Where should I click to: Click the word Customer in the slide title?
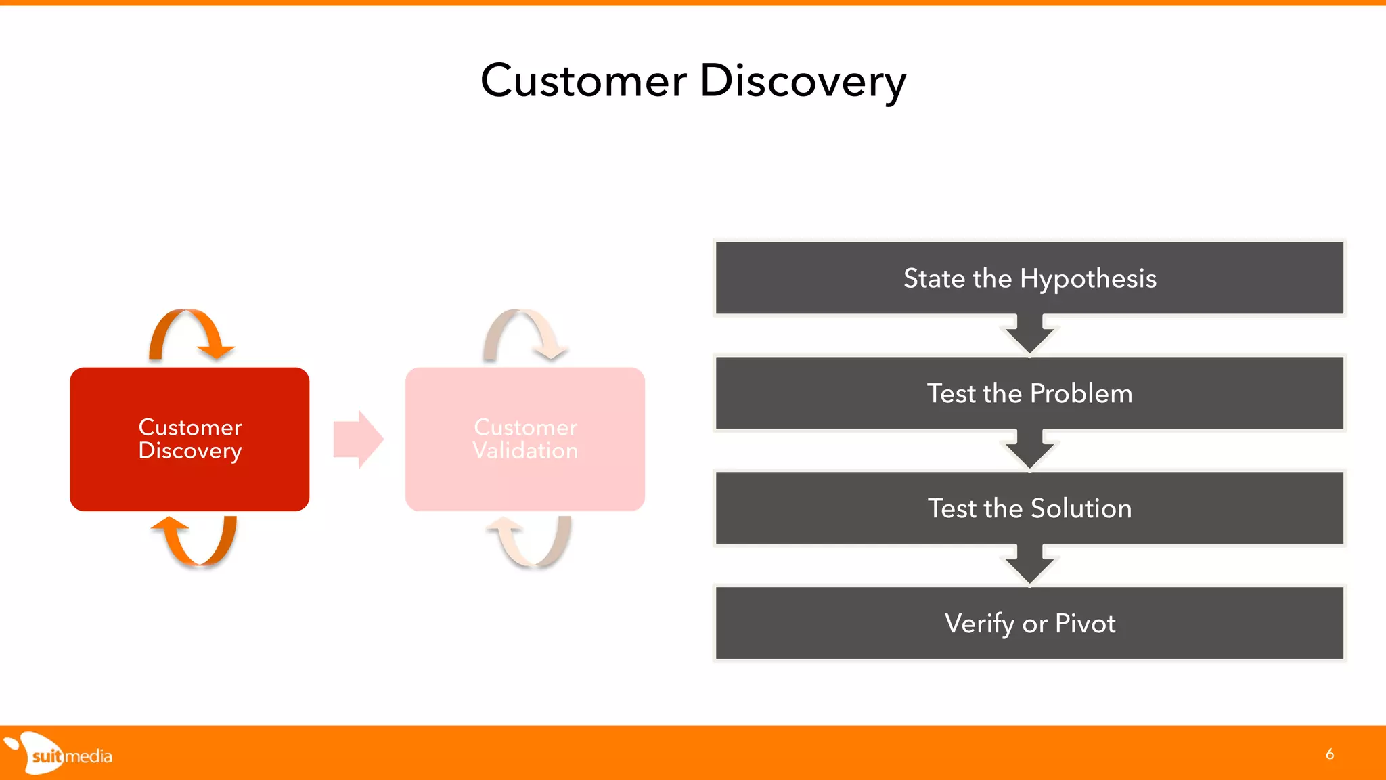(x=583, y=81)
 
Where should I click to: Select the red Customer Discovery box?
(x=189, y=439)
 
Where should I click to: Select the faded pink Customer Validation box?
(x=525, y=439)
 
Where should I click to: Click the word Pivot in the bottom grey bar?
(x=1085, y=624)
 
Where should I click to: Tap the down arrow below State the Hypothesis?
(x=1029, y=335)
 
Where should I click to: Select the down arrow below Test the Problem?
(x=1029, y=450)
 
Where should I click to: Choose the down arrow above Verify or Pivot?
(x=1029, y=565)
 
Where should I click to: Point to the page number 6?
(x=1329, y=754)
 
